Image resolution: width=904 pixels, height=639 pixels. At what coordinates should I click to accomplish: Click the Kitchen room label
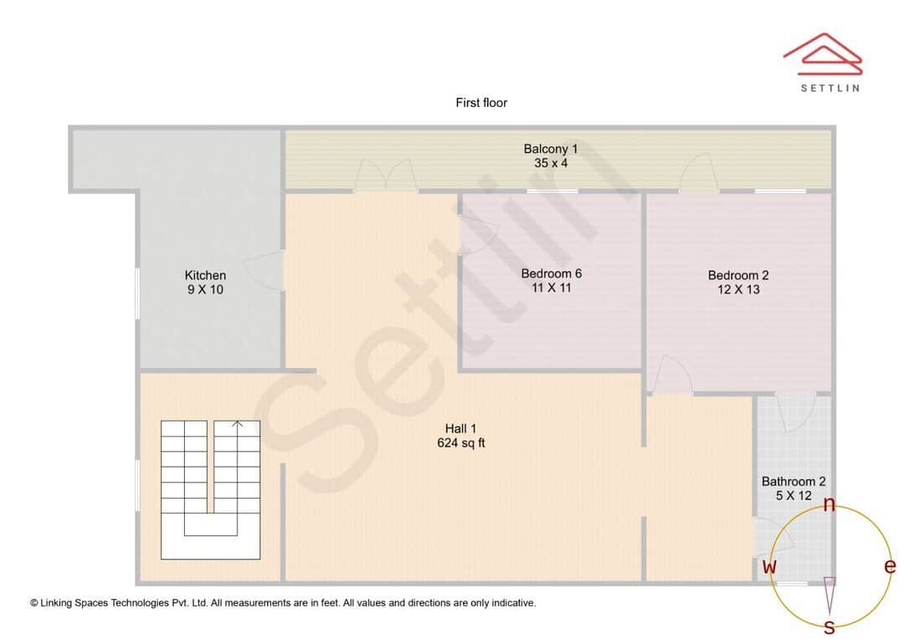(205, 275)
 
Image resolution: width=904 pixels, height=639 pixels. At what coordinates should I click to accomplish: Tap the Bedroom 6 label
(551, 273)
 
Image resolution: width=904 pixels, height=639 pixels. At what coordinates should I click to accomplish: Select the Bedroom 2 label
(738, 275)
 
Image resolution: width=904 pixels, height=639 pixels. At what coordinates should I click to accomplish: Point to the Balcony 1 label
(551, 149)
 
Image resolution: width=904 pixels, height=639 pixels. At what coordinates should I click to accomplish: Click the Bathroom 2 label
(794, 482)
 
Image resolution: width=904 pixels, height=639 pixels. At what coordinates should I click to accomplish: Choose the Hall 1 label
(461, 429)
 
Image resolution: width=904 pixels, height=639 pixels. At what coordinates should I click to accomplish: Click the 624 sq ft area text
(461, 443)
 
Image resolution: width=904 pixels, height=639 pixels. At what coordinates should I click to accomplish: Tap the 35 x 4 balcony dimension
(551, 163)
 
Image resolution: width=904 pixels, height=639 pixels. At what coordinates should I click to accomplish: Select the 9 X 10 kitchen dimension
(205, 289)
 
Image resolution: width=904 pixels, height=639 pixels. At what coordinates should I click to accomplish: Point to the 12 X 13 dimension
(738, 289)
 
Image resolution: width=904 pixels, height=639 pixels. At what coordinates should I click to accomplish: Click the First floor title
(481, 103)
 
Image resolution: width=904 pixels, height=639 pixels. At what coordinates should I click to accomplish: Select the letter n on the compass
(830, 504)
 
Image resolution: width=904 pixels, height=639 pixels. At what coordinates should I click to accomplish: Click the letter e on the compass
(890, 566)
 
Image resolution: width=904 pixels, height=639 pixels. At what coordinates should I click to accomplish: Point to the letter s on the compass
(830, 626)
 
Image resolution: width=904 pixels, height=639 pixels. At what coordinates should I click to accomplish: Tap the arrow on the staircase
(237, 425)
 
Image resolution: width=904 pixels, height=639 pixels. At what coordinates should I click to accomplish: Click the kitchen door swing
(266, 270)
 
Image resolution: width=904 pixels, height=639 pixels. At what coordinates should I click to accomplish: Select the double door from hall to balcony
(385, 176)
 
